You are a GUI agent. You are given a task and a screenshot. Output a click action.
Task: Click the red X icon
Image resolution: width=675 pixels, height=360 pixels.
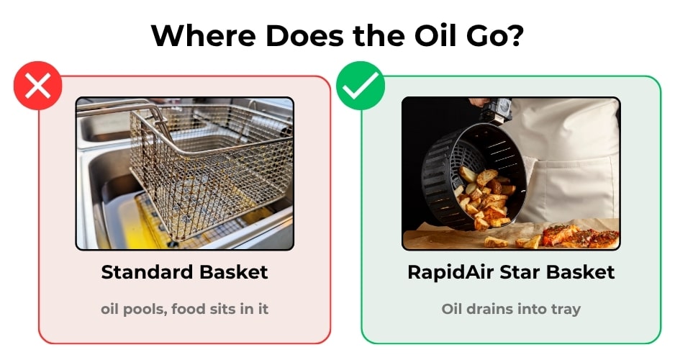(38, 85)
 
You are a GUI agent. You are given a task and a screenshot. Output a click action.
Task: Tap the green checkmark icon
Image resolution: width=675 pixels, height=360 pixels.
(361, 85)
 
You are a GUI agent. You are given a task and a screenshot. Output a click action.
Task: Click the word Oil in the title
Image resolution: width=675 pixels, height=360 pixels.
(432, 35)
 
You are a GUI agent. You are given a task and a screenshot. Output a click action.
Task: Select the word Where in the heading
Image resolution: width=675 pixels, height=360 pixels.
(204, 35)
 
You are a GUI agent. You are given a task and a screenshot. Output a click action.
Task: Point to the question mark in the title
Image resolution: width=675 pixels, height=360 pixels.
(515, 35)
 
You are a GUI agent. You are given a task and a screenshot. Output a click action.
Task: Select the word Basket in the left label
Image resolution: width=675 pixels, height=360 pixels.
(234, 272)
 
